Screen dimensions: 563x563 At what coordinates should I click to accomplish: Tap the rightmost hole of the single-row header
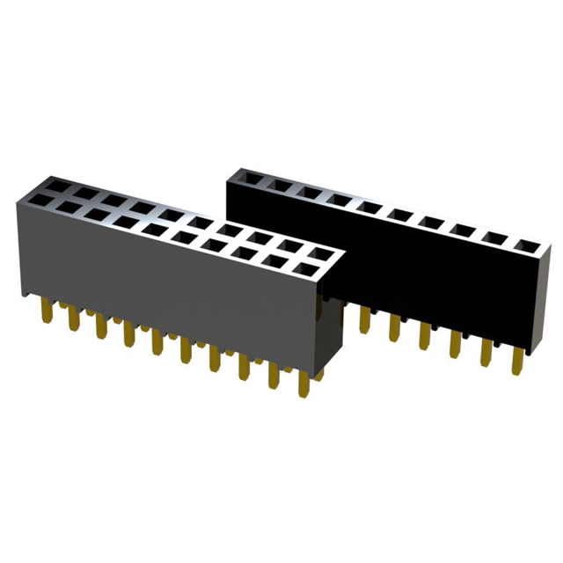coord(524,244)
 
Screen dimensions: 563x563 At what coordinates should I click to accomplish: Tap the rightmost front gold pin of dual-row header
coord(303,387)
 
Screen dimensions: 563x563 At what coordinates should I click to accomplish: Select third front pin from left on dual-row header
coord(99,329)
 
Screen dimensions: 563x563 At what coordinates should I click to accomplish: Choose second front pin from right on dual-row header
coord(274,378)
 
